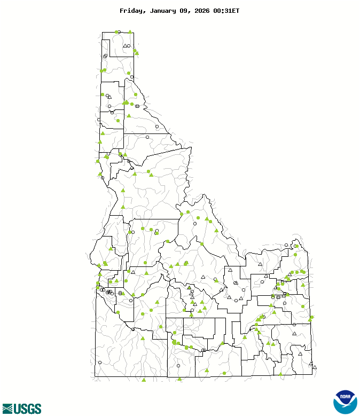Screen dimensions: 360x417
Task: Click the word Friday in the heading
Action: click(131, 11)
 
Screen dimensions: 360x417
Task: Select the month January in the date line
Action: click(162, 11)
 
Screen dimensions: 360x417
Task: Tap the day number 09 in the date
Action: click(185, 11)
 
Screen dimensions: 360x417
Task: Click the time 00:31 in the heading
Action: click(222, 11)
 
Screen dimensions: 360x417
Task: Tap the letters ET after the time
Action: click(236, 11)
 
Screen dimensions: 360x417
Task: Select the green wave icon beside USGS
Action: click(7, 409)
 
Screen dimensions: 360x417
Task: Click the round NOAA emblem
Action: click(345, 402)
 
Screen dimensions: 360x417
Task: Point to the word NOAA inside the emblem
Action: click(345, 398)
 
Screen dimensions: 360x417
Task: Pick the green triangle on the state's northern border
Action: click(130, 32)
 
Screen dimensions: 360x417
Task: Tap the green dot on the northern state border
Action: click(116, 32)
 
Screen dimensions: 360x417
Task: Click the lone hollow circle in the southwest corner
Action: click(100, 363)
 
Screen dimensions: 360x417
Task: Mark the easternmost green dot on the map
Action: click(312, 317)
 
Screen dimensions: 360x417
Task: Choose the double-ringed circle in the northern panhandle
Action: click(105, 56)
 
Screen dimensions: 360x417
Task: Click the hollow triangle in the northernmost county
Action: click(125, 46)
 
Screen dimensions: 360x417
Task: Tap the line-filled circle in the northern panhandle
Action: click(137, 106)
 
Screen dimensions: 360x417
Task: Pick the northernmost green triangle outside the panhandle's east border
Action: click(137, 53)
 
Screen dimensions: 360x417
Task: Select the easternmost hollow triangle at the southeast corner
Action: click(315, 367)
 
